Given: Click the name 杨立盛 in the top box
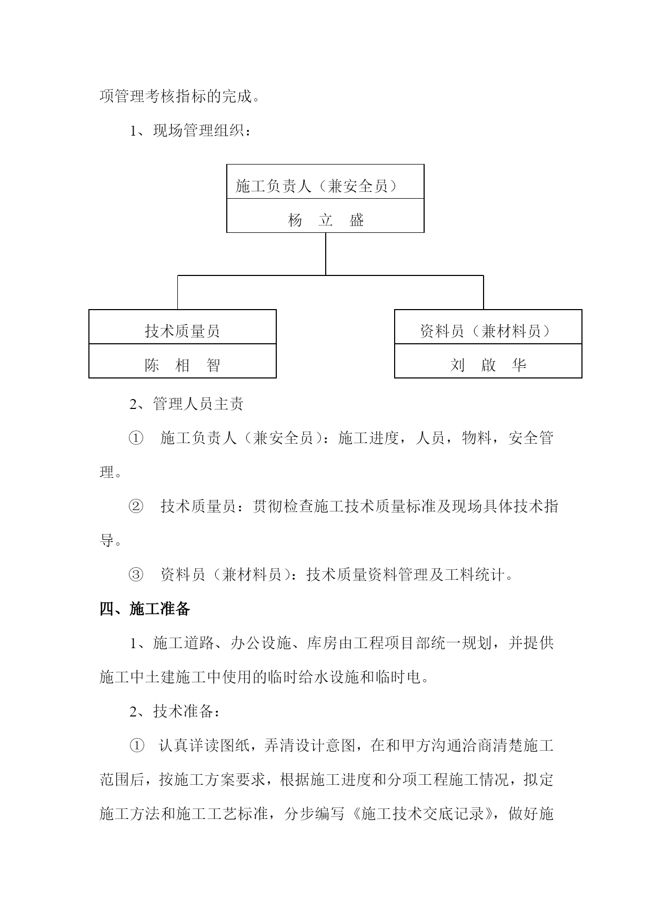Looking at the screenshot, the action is point(326,220).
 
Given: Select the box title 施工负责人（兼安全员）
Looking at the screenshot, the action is point(317,186).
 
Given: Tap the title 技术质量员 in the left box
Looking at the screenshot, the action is point(182,331).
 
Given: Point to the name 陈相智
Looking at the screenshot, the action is point(182,365).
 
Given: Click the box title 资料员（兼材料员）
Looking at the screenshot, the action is point(486,331).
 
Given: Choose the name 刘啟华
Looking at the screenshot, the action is point(488,365).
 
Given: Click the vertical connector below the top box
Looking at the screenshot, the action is point(326,254).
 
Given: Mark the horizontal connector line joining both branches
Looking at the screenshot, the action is point(330,275).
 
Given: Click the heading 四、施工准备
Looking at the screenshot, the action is point(145,609).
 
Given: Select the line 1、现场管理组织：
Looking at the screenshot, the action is point(191,130).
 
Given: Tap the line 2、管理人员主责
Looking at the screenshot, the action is point(187,404).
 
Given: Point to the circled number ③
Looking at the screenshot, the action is point(136,575).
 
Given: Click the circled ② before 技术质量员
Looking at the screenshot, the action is point(136,506).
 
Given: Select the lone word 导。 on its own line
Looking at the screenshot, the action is point(111,540).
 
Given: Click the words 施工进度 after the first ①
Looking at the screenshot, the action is point(368,438).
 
